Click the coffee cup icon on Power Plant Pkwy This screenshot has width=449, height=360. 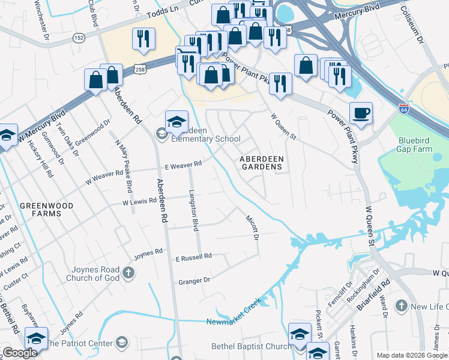(361, 113)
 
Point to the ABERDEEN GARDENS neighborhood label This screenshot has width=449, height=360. (261, 162)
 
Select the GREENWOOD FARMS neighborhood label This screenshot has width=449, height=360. (47, 209)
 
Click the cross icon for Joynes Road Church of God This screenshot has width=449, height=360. (128, 274)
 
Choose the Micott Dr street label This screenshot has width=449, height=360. (252, 228)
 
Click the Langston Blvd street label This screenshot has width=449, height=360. (193, 211)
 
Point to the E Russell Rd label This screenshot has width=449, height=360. (193, 257)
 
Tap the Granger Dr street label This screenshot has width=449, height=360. (194, 280)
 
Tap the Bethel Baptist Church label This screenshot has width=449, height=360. (251, 346)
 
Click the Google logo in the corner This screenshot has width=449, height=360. (20, 353)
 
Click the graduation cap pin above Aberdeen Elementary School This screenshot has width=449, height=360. (176, 121)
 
